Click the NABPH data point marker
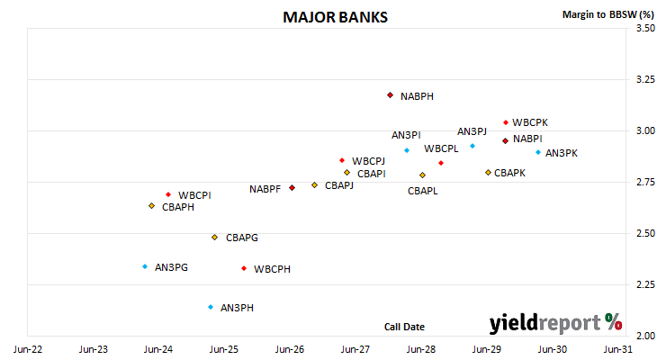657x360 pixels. coord(390,95)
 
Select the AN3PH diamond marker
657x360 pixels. coord(211,307)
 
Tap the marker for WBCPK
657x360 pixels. coord(506,122)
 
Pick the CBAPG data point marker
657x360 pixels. coord(214,238)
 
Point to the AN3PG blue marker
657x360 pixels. coord(145,266)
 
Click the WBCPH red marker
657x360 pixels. coord(244,268)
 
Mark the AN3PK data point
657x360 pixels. coord(538,152)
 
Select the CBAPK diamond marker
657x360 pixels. coord(488,172)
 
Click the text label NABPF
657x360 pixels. coord(265,189)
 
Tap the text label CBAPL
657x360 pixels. coord(423,191)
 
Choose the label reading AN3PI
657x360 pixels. coord(406,135)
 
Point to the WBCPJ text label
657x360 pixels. coord(368,161)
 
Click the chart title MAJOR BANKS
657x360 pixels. coord(335,17)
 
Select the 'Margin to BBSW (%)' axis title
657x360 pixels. coord(608,14)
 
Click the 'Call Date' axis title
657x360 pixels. coord(404,327)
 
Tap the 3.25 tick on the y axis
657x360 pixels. coord(645,79)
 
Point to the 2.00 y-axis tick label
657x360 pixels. coord(645,336)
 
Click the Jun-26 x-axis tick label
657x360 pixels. coord(290,349)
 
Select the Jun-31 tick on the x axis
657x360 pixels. coord(617,349)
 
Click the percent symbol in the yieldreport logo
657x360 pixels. coord(614,322)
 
